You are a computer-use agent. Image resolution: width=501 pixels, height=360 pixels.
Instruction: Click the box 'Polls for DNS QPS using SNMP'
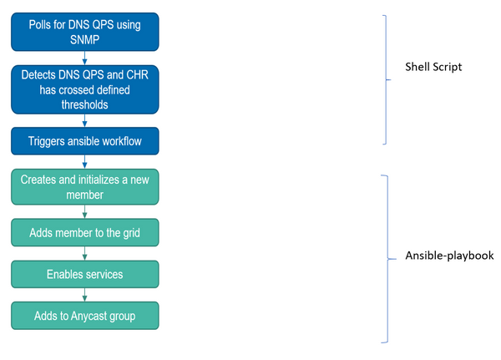point(84,31)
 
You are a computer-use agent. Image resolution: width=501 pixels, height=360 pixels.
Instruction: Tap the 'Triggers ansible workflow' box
point(84,141)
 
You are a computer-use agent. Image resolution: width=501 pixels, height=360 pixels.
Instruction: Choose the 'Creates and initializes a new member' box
point(84,187)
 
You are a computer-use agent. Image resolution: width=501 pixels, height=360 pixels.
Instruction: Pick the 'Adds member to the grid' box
point(84,232)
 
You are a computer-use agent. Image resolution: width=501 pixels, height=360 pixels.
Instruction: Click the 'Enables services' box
point(84,274)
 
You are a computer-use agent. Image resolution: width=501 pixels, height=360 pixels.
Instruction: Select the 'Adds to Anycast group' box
point(84,316)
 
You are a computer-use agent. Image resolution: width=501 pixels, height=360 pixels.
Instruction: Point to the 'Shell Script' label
point(433,66)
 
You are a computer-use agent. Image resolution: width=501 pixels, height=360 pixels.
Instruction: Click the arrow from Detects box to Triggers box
point(84,120)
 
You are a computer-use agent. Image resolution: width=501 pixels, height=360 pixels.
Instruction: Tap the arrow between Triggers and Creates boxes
point(84,161)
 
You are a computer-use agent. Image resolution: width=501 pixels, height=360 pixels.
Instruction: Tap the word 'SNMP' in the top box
point(84,38)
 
